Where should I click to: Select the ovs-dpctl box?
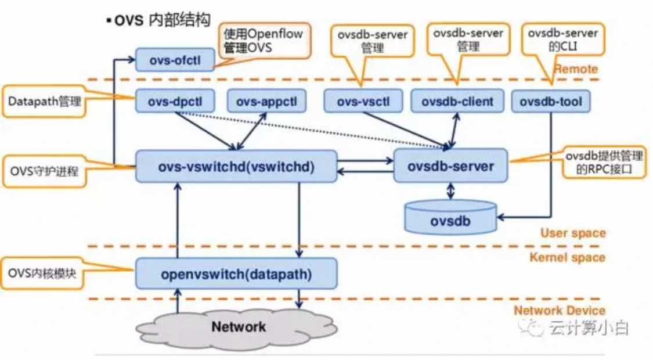[x=175, y=102]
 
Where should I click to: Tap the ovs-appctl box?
[x=266, y=102]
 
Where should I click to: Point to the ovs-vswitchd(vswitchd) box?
[x=236, y=167]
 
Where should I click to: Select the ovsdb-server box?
[x=450, y=167]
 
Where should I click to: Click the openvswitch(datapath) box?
[x=236, y=273]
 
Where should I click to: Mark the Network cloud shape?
[x=239, y=327]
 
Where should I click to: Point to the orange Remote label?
[x=576, y=69]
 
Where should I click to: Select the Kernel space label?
[x=567, y=257]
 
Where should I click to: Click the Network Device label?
[x=560, y=311]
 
